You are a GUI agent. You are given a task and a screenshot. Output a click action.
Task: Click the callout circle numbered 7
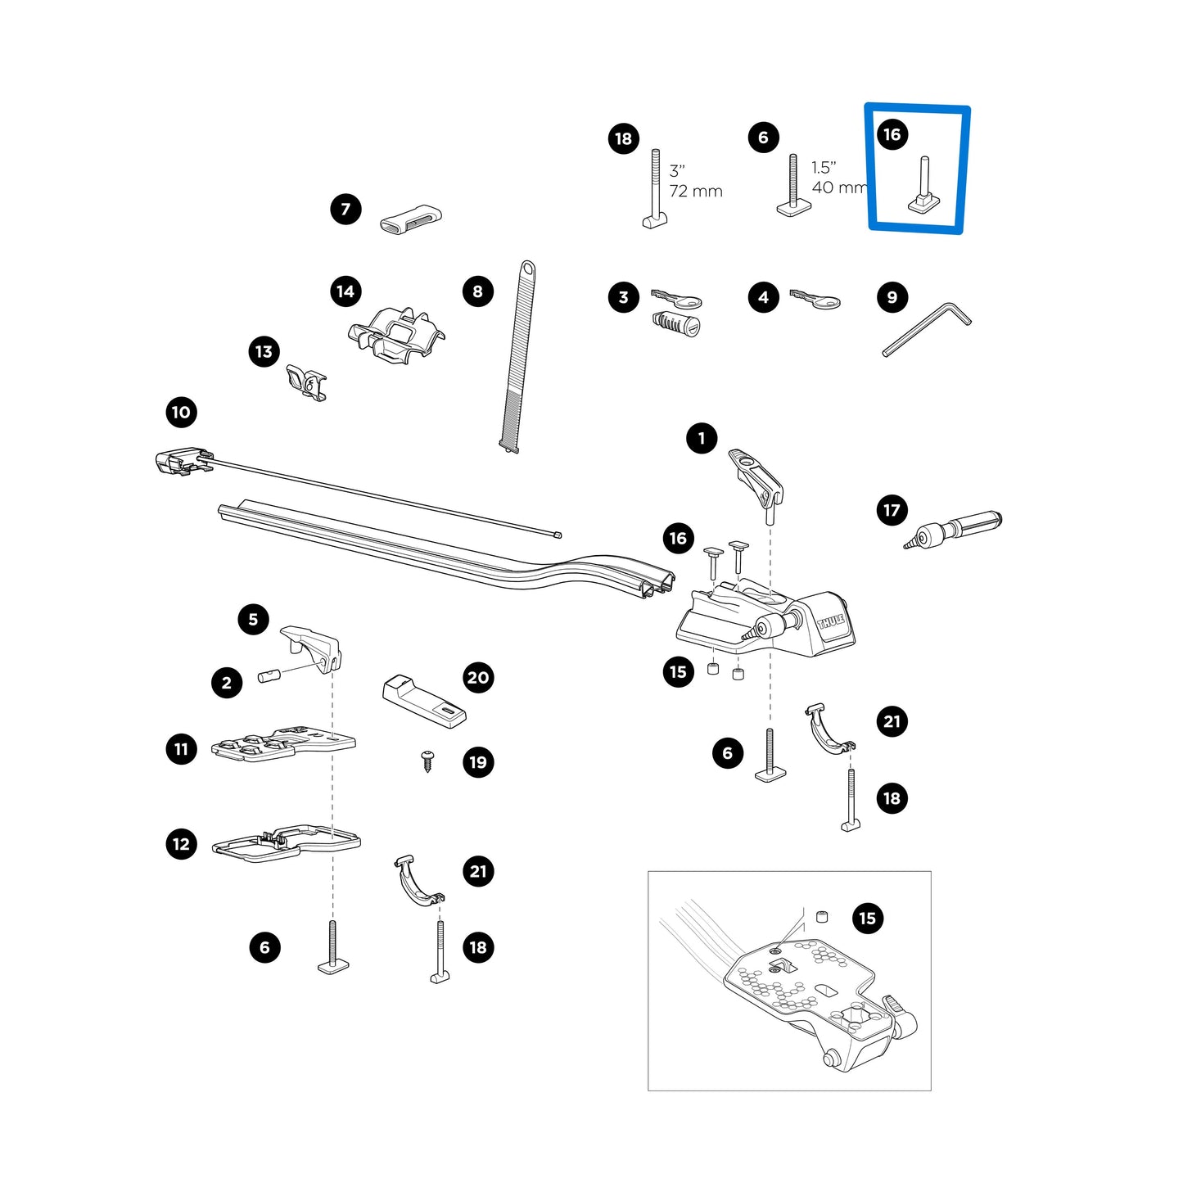click(345, 210)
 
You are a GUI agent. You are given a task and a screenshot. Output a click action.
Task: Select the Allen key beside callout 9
click(925, 328)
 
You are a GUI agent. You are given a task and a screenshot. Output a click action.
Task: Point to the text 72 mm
click(696, 192)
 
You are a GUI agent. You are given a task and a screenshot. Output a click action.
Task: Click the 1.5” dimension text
click(824, 167)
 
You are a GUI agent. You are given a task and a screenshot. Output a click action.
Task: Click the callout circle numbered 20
click(478, 678)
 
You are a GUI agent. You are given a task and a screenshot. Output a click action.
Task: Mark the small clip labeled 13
click(305, 382)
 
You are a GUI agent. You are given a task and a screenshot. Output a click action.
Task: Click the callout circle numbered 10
click(181, 412)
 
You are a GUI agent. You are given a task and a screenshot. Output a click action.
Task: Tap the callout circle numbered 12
click(181, 844)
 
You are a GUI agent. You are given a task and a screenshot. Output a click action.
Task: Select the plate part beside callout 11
click(282, 743)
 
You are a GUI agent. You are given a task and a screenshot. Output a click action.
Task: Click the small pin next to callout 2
click(269, 676)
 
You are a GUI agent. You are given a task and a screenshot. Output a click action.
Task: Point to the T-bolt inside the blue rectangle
click(924, 187)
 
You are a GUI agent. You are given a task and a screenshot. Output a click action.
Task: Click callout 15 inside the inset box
click(868, 919)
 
